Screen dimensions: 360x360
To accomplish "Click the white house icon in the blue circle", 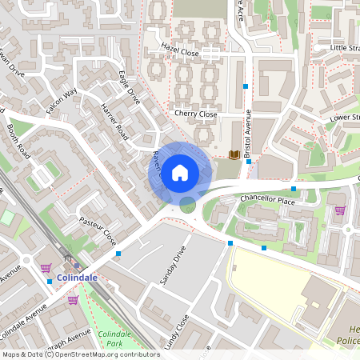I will [180, 172].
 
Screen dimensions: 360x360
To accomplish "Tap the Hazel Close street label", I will [179, 52].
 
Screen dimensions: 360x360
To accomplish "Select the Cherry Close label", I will [196, 114].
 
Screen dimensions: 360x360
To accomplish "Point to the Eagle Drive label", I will [129, 89].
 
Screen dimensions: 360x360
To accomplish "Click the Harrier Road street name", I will [115, 122].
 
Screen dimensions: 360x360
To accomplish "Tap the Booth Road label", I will [18, 140].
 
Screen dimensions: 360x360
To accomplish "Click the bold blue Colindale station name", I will [78, 278].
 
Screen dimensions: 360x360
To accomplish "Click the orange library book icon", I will [234, 154].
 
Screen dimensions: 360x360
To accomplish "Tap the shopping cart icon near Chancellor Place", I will [340, 210].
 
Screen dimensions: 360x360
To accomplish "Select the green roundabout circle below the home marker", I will [188, 206].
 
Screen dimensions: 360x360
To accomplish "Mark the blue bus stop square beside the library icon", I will [250, 162].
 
